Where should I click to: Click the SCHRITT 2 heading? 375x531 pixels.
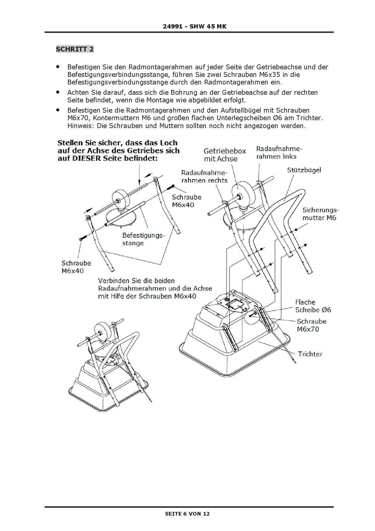pyautogui.click(x=75, y=49)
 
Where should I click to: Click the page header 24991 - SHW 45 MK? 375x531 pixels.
pyautogui.click(x=195, y=26)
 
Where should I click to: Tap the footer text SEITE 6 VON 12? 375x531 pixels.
pyautogui.click(x=187, y=514)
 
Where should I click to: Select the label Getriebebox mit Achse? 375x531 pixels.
pyautogui.click(x=225, y=155)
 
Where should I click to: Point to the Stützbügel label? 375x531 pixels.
pyautogui.click(x=304, y=170)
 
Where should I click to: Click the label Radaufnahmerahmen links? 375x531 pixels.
pyautogui.click(x=279, y=152)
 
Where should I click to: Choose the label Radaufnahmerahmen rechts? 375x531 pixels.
pyautogui.click(x=204, y=177)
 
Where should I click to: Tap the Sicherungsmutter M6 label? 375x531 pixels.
pyautogui.click(x=321, y=214)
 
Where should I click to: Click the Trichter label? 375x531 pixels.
pyautogui.click(x=310, y=354)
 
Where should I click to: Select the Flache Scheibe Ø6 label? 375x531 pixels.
pyautogui.click(x=313, y=306)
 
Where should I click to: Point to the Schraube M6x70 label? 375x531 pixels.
pyautogui.click(x=311, y=325)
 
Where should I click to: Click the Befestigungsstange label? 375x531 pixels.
pyautogui.click(x=143, y=239)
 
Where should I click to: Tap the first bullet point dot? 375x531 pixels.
pyautogui.click(x=58, y=67)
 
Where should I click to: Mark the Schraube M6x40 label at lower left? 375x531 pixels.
pyautogui.click(x=76, y=267)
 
